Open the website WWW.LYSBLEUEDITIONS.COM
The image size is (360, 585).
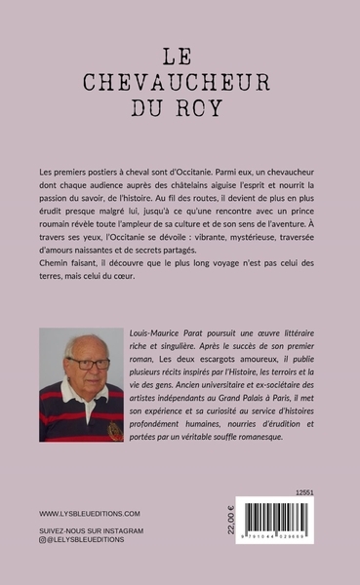click(x=90, y=513)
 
